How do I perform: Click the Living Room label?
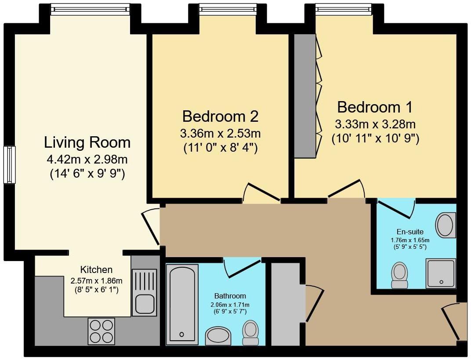click(87, 142)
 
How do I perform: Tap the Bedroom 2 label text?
click(220, 116)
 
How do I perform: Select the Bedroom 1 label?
click(375, 107)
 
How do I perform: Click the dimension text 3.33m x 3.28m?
click(375, 124)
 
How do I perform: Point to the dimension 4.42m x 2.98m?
click(87, 159)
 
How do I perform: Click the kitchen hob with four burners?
click(101, 331)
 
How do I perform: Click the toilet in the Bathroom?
click(250, 332)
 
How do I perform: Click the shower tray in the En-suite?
click(440, 273)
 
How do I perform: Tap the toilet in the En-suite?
click(399, 275)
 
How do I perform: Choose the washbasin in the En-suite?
click(445, 225)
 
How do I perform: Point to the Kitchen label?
click(96, 270)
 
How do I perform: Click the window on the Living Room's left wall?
click(9, 165)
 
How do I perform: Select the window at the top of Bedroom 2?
click(227, 8)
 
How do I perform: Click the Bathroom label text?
click(230, 296)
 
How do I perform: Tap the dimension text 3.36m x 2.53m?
click(220, 133)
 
